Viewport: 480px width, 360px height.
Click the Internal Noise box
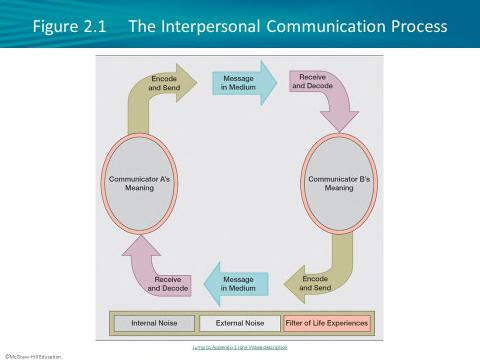click(148, 324)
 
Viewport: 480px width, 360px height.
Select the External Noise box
click(240, 324)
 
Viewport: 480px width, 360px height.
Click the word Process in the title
click(415, 24)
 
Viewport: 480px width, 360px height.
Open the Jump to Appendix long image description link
click(240, 346)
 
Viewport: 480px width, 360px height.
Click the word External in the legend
click(229, 324)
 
